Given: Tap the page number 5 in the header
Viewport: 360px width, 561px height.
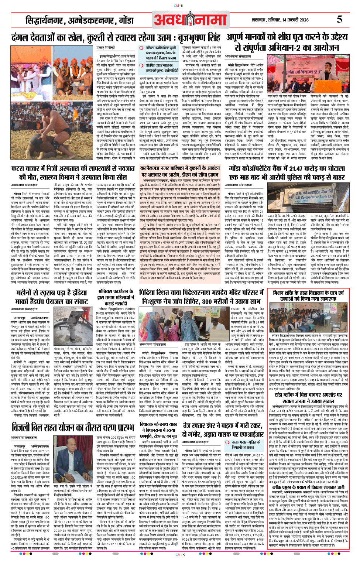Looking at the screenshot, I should tap(339, 20).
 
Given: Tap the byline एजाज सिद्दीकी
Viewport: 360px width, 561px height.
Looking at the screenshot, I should tap(106, 48).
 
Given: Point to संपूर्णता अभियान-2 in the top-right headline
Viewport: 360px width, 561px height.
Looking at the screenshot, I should tap(287, 47).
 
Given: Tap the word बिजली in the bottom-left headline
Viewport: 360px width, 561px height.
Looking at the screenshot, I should tap(24, 428).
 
